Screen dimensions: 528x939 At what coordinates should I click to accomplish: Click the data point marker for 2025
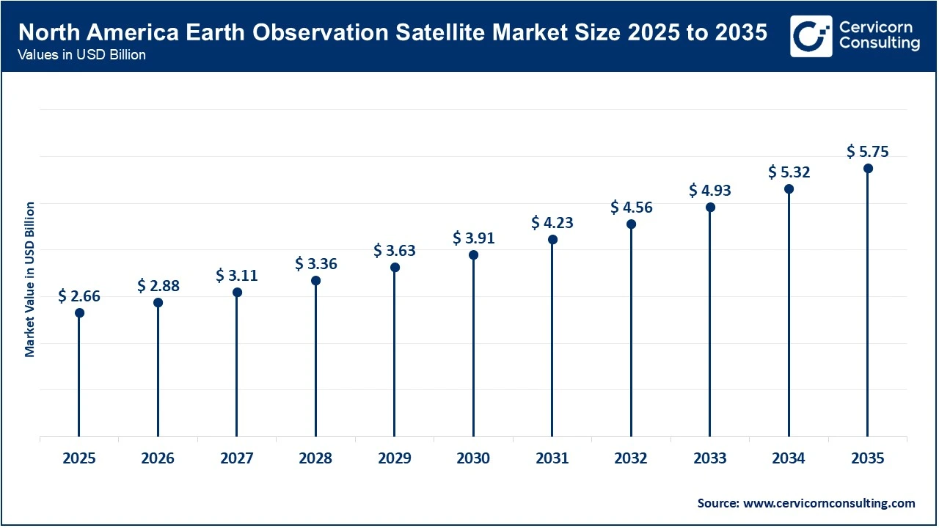(x=79, y=313)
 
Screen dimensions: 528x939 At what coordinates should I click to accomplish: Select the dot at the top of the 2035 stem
(x=868, y=169)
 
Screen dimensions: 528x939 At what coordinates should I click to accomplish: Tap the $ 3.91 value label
(x=473, y=238)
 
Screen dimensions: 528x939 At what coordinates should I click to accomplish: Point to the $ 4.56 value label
(x=631, y=208)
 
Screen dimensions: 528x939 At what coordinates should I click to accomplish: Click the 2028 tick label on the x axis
(x=315, y=459)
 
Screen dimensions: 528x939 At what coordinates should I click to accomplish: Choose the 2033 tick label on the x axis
(x=710, y=459)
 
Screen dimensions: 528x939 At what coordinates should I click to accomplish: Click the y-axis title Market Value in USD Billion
(x=30, y=279)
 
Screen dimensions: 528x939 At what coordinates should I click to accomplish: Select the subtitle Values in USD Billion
(x=82, y=56)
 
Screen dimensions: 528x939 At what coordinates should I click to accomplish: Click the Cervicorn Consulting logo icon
(x=811, y=36)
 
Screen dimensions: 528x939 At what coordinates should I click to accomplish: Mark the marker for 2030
(x=473, y=255)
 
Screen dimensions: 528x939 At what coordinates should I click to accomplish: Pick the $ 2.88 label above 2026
(x=158, y=286)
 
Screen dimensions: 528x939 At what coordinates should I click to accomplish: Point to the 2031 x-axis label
(x=552, y=459)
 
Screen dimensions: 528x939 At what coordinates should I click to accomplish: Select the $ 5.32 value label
(x=789, y=172)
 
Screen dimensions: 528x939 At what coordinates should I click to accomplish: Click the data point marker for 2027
(x=237, y=293)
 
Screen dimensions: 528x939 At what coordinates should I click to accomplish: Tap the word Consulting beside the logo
(x=880, y=43)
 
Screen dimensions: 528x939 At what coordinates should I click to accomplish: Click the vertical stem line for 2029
(x=395, y=352)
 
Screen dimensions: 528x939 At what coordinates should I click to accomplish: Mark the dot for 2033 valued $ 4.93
(x=710, y=208)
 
